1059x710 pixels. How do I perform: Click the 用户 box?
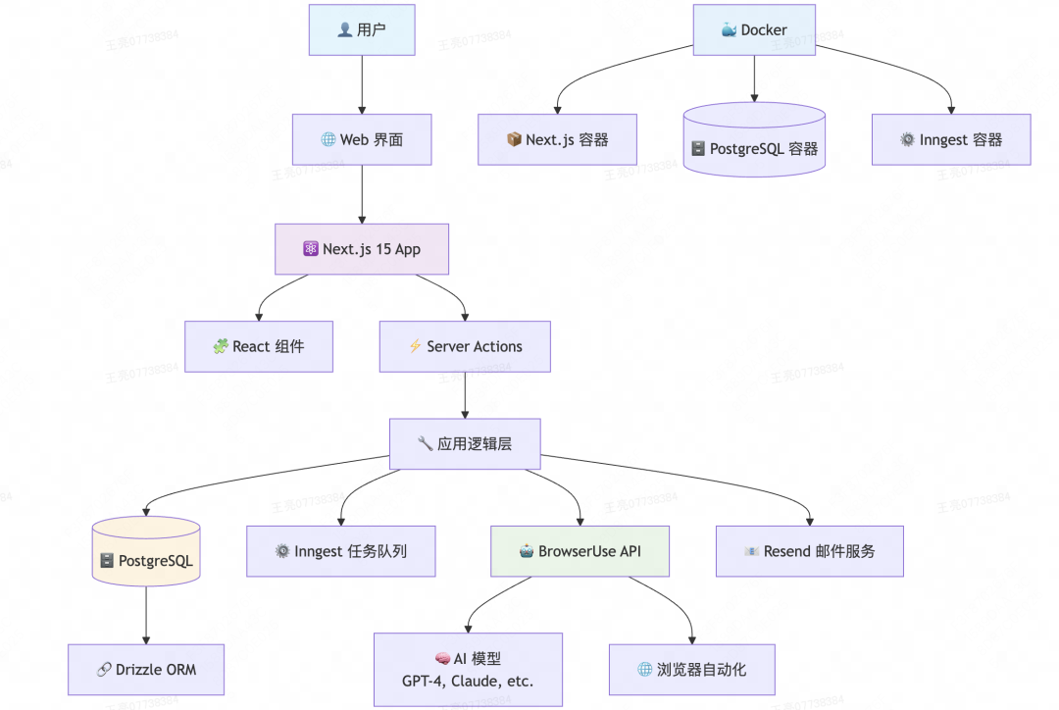[362, 29]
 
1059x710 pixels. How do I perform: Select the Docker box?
[754, 29]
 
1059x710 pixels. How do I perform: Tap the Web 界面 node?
[362, 139]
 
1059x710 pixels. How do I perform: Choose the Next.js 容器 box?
[557, 139]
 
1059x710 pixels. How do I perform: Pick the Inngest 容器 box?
[951, 139]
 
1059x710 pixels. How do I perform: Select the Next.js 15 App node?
[362, 249]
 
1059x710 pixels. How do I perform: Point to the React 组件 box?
[259, 346]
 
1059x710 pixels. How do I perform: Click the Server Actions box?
[465, 346]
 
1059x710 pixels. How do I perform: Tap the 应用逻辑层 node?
[465, 443]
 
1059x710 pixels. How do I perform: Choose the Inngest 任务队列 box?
[340, 551]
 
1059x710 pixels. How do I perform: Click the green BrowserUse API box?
[580, 551]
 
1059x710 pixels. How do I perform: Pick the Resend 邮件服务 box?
[810, 551]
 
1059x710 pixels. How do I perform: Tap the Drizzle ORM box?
[146, 670]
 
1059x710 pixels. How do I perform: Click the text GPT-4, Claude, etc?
[468, 682]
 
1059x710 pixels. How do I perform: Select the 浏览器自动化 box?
[692, 670]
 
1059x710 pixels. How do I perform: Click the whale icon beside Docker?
[729, 29]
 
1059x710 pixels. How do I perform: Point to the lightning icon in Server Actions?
[415, 346]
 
